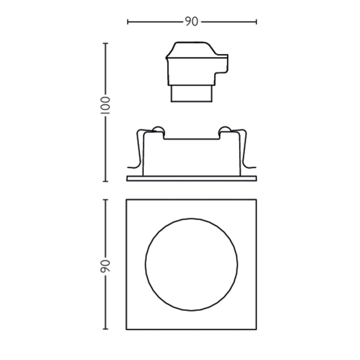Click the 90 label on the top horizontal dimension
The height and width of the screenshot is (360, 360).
click(x=191, y=22)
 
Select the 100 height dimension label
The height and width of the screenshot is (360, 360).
click(x=105, y=106)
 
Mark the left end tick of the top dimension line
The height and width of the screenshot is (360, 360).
click(x=128, y=22)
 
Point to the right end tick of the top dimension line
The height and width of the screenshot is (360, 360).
click(x=256, y=22)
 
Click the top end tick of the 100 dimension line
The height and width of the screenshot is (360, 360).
click(x=105, y=43)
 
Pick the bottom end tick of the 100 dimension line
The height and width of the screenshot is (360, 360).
click(x=105, y=181)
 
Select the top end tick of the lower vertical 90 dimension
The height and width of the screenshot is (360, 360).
click(x=105, y=200)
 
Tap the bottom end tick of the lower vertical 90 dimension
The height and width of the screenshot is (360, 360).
click(x=105, y=329)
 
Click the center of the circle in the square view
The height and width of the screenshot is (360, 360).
click(x=192, y=265)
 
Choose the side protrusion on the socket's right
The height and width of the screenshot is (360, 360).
click(x=222, y=66)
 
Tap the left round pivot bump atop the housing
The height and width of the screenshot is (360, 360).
click(x=158, y=129)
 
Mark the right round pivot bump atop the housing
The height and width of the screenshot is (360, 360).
click(x=225, y=129)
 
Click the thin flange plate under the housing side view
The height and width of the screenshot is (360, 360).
click(x=192, y=178)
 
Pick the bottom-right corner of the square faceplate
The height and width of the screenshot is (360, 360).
click(x=256, y=329)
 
